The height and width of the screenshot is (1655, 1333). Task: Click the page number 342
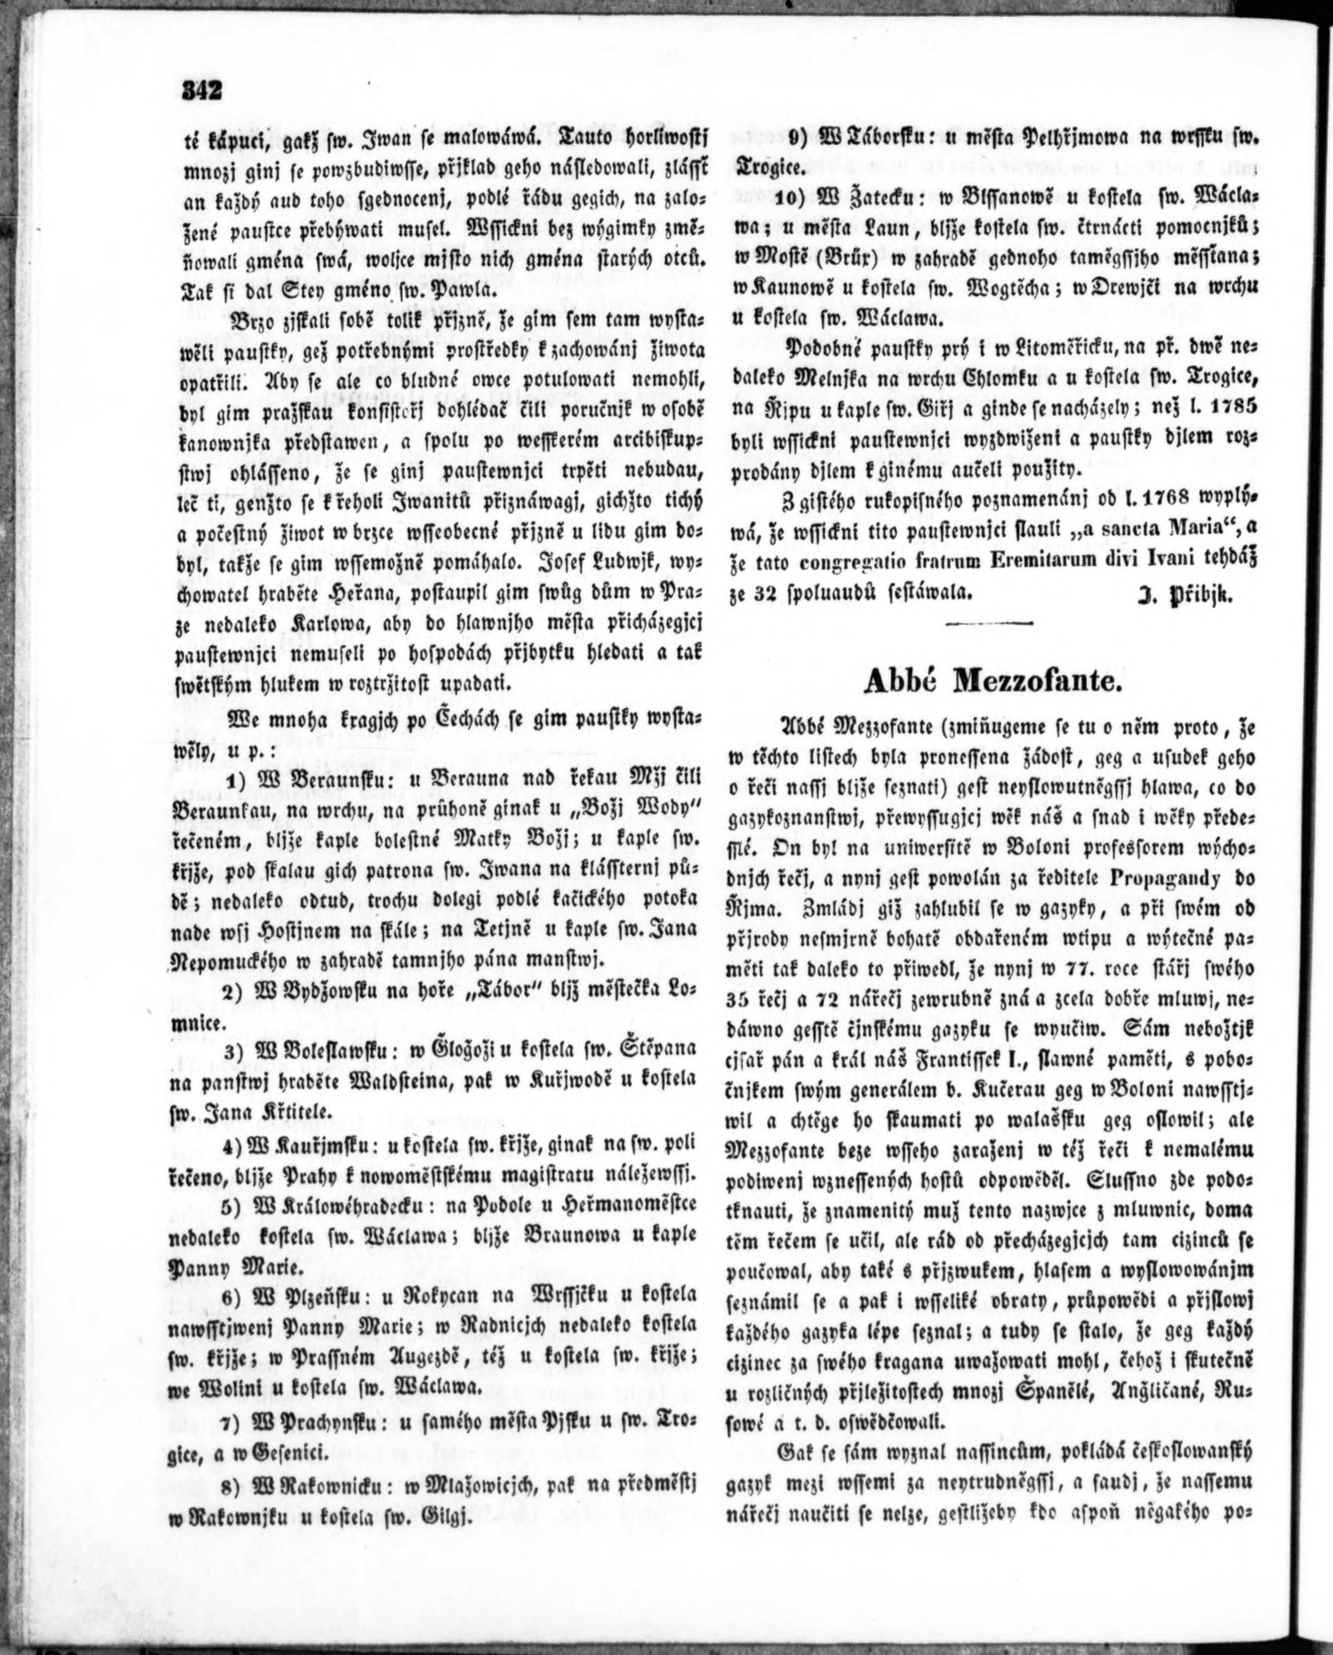202,91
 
